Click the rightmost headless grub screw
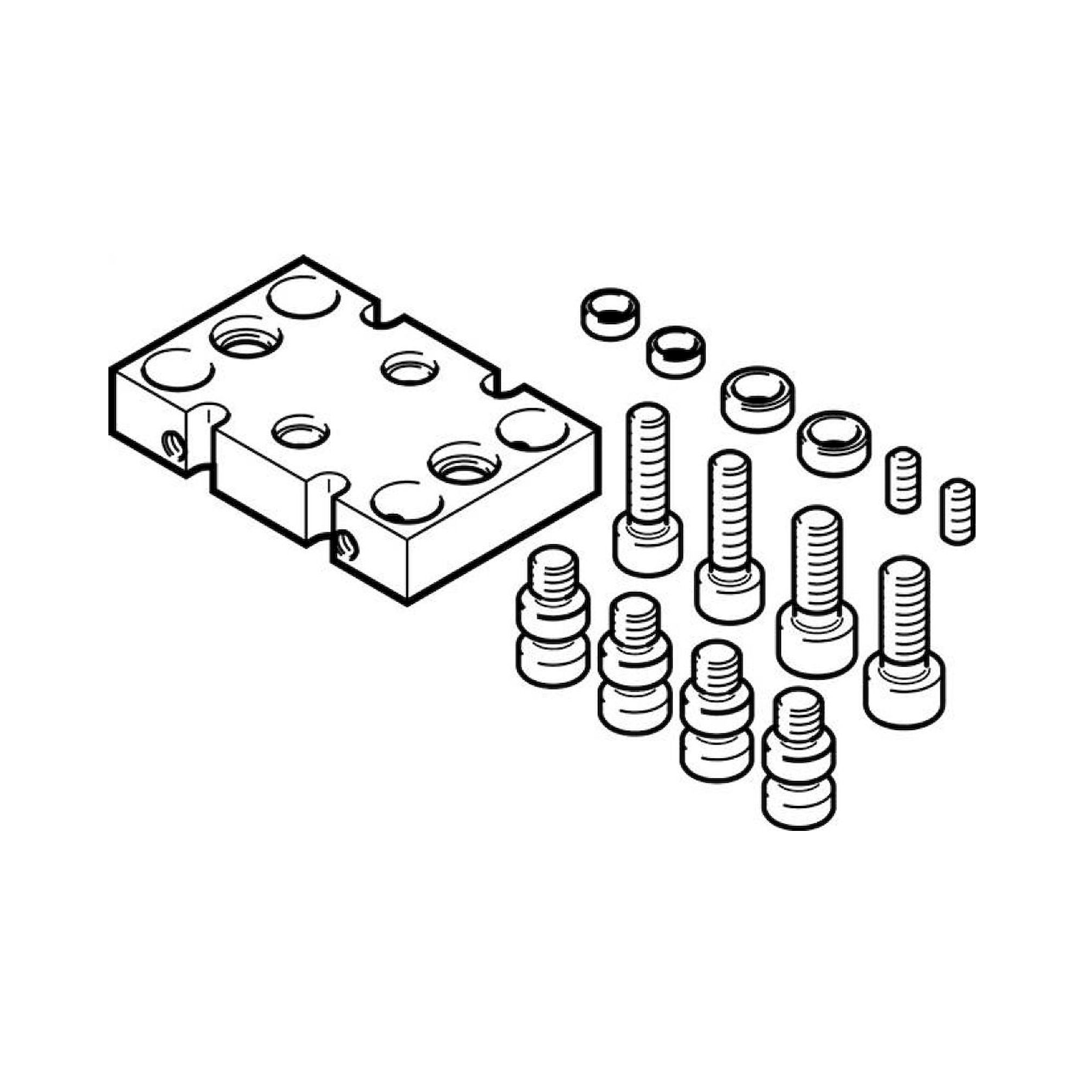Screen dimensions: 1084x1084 pos(957,511)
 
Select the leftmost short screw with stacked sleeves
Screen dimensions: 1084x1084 pos(552,617)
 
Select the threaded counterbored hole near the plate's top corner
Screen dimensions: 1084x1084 pos(245,338)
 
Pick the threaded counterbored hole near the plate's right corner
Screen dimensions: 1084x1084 pos(463,464)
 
